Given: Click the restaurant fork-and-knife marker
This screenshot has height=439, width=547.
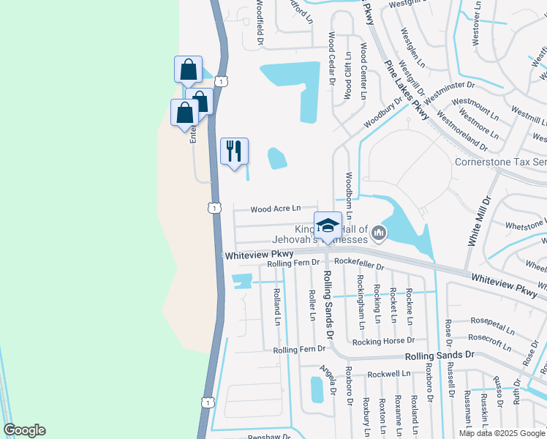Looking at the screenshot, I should point(234,151).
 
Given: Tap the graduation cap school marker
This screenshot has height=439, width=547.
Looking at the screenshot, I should point(328,225).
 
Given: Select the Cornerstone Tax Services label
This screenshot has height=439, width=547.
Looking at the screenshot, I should point(500,162).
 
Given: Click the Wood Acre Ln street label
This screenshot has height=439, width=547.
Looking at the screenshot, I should point(276,209).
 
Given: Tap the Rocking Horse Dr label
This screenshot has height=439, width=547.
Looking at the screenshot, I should point(383,340).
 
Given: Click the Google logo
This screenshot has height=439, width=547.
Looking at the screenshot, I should point(24,430).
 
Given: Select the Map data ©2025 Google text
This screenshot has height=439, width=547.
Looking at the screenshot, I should point(501,433).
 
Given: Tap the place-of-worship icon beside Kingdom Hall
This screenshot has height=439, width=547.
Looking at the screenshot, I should point(379,233).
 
